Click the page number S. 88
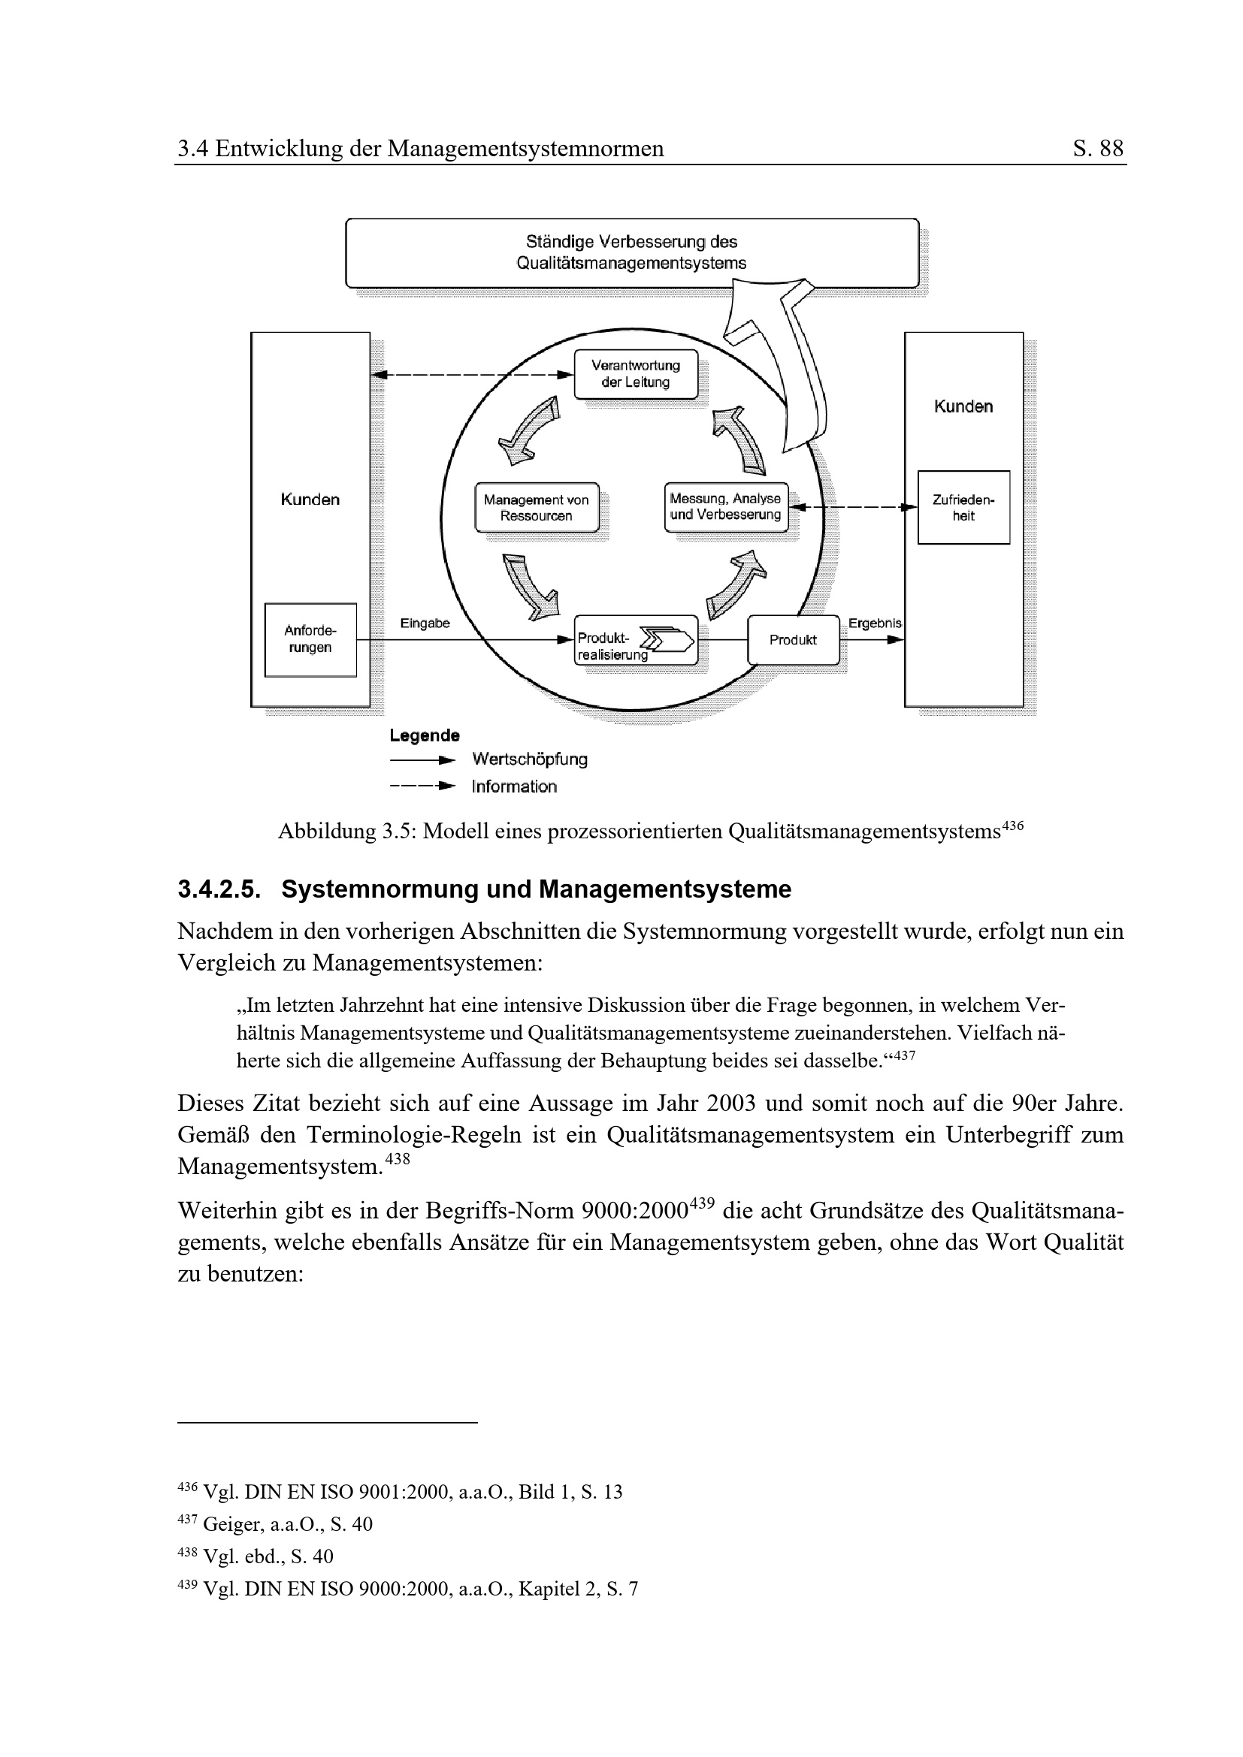[x=1097, y=148]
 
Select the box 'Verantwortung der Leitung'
[x=635, y=374]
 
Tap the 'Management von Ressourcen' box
[x=536, y=507]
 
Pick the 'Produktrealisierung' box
[x=635, y=640]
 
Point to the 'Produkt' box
[x=793, y=640]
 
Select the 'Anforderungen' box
[x=310, y=640]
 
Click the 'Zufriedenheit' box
[x=963, y=507]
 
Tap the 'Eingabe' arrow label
[x=425, y=623]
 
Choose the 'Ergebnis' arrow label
[x=874, y=623]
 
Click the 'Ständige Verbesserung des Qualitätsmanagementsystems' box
[x=631, y=252]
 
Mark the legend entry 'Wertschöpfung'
[x=530, y=759]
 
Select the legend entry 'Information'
[x=513, y=786]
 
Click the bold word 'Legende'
[x=424, y=735]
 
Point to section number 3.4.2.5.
[x=219, y=889]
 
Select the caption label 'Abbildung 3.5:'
[x=346, y=831]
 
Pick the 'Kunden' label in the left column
[x=310, y=500]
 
